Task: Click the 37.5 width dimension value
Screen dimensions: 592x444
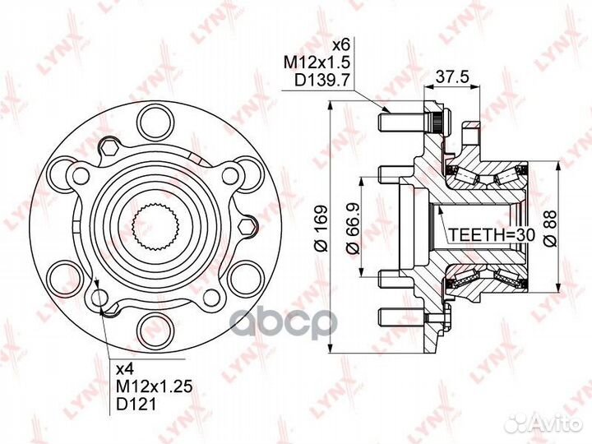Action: tap(452, 77)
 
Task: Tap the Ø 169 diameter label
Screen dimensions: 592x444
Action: tap(321, 228)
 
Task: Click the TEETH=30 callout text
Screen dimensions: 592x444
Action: tap(492, 235)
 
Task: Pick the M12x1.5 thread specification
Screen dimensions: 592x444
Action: tap(317, 62)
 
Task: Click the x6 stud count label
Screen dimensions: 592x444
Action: tap(341, 45)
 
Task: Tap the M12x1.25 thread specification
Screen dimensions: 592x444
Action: tap(155, 386)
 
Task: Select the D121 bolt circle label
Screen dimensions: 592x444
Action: tap(136, 405)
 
